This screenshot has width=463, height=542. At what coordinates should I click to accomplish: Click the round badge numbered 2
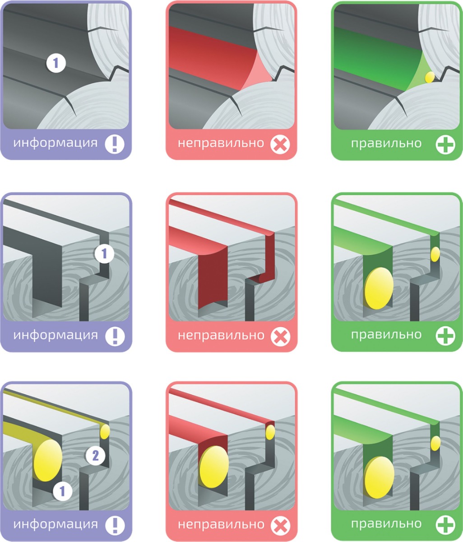pos(95,456)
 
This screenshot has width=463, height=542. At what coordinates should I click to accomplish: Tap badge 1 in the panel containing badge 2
pos(63,491)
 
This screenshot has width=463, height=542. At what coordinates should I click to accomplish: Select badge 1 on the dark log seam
pos(56,63)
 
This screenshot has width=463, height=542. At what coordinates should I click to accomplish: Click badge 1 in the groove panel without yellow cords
pos(104,253)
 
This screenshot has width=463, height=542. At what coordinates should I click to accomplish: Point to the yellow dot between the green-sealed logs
pos(430,77)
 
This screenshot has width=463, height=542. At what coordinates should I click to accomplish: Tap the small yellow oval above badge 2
pos(105,431)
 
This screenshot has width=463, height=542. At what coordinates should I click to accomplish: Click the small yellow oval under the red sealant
pos(270,432)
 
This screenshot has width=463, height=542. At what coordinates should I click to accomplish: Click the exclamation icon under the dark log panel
pos(115,144)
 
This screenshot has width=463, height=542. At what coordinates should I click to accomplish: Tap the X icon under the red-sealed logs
pos(280,145)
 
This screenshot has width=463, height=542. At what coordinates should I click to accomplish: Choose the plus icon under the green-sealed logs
pos(445,145)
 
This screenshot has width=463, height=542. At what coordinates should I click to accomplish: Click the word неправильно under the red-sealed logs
pos(221,144)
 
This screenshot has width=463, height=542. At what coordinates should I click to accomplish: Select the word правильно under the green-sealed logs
pos(386,144)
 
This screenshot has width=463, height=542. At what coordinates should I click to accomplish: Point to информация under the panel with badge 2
pos(56,524)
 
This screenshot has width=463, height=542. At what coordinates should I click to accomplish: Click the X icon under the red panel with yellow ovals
pos(280,525)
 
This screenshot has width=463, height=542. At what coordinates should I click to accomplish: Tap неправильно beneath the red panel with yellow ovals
pos(221,525)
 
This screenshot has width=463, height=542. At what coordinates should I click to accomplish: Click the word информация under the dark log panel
pos(56,143)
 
